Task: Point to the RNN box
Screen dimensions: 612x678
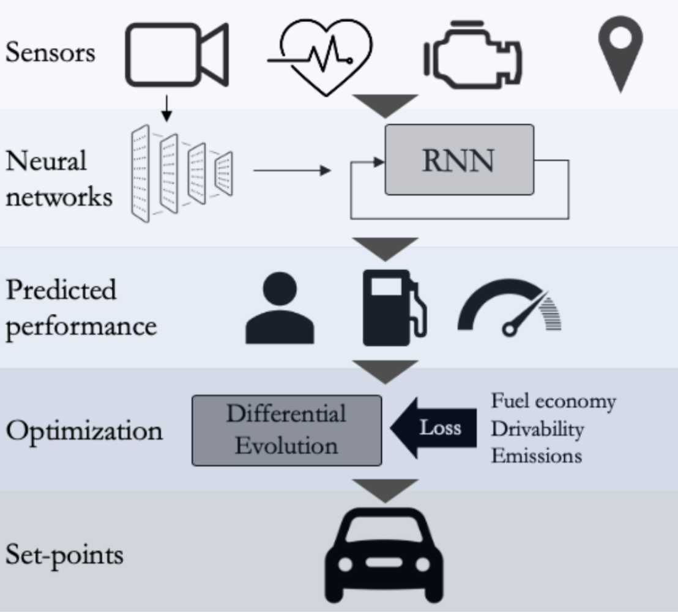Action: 459,160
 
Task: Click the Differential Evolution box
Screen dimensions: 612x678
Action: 287,430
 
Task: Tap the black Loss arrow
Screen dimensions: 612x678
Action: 434,428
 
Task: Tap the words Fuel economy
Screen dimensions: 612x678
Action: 553,401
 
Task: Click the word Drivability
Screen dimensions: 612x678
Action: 537,429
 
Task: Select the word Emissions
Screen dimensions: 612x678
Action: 536,456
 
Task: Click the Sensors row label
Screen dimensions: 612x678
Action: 50,53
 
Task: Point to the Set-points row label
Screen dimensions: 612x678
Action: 64,555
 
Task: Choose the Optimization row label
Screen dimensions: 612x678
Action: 84,431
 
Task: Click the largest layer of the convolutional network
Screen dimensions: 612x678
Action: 141,173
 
